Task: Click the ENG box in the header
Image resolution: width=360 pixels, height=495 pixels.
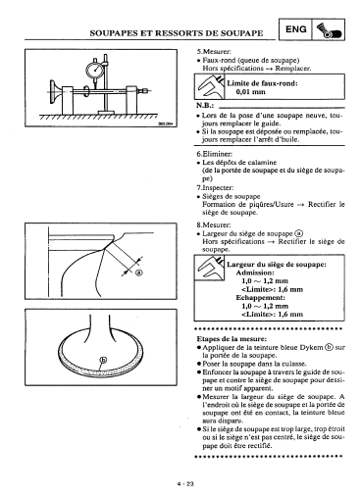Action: pyautogui.click(x=295, y=29)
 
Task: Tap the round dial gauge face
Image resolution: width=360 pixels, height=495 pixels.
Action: pyautogui.click(x=94, y=71)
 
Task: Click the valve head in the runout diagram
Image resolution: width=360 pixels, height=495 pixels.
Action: pyautogui.click(x=54, y=91)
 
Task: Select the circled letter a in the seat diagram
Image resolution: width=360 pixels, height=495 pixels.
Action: pyautogui.click(x=138, y=272)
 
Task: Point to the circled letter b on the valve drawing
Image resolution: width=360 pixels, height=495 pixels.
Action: pyautogui.click(x=103, y=360)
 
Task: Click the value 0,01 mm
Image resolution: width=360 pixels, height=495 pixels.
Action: pyautogui.click(x=250, y=92)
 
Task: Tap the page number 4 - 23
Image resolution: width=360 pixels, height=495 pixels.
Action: pyautogui.click(x=185, y=484)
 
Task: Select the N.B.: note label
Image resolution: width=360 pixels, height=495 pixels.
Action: pyautogui.click(x=205, y=105)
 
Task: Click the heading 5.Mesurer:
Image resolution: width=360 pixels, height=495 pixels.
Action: pyautogui.click(x=214, y=52)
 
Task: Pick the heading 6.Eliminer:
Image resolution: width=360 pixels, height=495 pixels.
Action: pyautogui.click(x=215, y=154)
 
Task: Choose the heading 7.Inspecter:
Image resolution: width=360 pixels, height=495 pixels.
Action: pyautogui.click(x=215, y=188)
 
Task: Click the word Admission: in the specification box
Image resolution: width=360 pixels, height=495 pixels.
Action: pyautogui.click(x=255, y=272)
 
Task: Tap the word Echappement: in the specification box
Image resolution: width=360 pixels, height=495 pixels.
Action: pyautogui.click(x=261, y=298)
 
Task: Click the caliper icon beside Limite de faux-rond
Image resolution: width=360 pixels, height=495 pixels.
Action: pyautogui.click(x=210, y=86)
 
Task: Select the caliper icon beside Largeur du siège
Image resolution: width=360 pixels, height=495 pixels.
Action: pyautogui.click(x=210, y=268)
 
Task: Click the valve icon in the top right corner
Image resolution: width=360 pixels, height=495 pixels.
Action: pyautogui.click(x=329, y=30)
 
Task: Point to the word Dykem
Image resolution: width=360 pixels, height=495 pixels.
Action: pyautogui.click(x=311, y=347)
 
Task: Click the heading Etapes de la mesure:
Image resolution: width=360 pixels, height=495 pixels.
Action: pyautogui.click(x=231, y=339)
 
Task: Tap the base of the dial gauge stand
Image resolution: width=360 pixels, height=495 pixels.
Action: pyautogui.click(x=106, y=113)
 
